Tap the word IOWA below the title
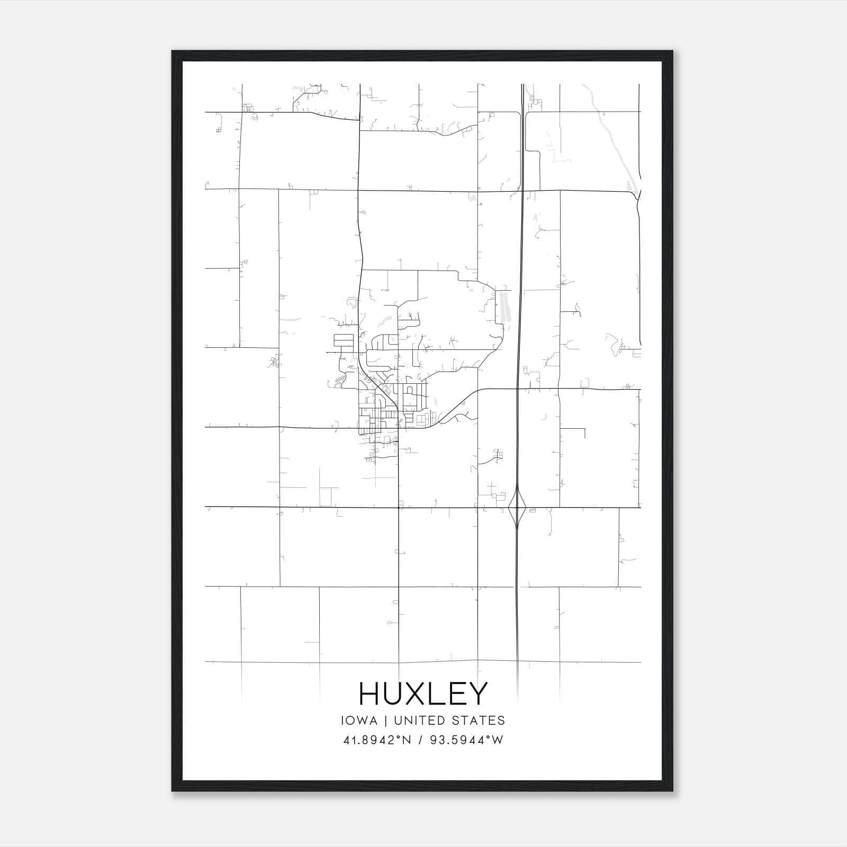pyautogui.click(x=359, y=720)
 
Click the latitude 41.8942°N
pyautogui.click(x=377, y=740)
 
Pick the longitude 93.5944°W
pyautogui.click(x=467, y=740)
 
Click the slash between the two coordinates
pyautogui.click(x=421, y=740)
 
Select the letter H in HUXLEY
pyautogui.click(x=369, y=693)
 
